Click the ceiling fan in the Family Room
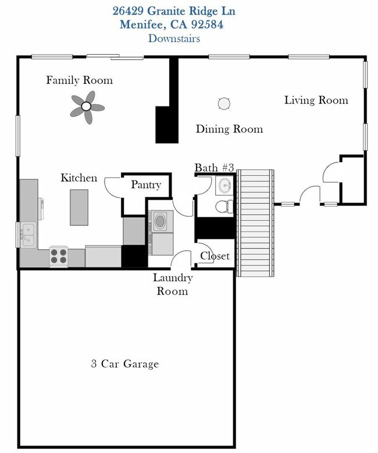[x=86, y=107]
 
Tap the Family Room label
[x=79, y=80]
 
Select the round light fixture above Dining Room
[x=224, y=104]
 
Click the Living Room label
[x=316, y=100]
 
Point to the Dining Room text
[x=229, y=129]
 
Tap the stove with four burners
[x=59, y=254]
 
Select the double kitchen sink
[x=27, y=235]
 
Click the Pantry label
[x=145, y=185]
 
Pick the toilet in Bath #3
[x=223, y=206]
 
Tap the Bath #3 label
[x=214, y=168]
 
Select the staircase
[x=255, y=222]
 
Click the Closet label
[x=215, y=256]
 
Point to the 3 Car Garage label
[x=125, y=364]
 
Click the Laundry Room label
[x=172, y=284]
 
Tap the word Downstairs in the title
[x=174, y=38]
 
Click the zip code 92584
[x=204, y=24]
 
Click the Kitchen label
[x=79, y=178]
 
